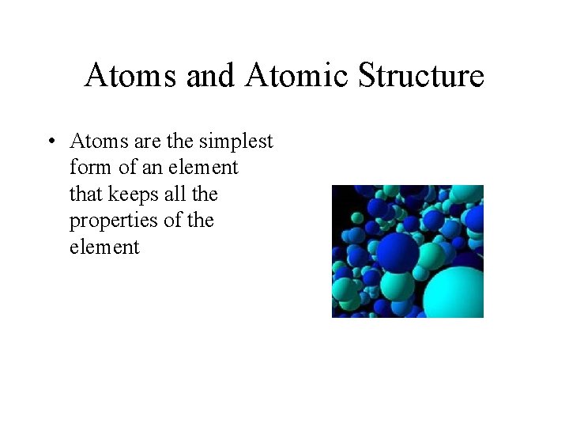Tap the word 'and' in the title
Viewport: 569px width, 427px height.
click(x=211, y=76)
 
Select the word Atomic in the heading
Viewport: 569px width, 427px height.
click(x=296, y=76)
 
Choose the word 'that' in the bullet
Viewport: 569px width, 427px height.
click(x=85, y=194)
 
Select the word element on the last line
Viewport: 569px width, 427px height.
click(x=104, y=247)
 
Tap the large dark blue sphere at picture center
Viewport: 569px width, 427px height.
click(x=398, y=252)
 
